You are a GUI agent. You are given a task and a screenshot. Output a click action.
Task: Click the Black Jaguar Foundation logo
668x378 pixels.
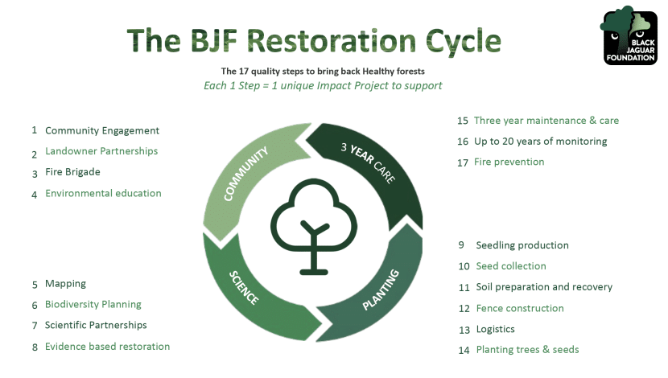tap(629, 35)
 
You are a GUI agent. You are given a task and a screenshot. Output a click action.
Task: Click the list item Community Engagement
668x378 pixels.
tap(102, 130)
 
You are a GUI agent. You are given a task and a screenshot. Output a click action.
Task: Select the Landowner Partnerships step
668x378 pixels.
tap(101, 151)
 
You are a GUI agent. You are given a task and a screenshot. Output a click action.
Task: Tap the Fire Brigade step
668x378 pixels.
tap(72, 172)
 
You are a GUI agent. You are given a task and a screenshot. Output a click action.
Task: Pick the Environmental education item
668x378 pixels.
tap(103, 193)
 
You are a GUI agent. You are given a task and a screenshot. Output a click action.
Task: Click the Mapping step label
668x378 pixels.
tap(65, 284)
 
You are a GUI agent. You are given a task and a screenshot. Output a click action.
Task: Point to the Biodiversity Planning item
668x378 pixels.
tap(93, 305)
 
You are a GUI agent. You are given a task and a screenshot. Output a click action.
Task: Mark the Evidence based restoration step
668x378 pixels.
tap(107, 347)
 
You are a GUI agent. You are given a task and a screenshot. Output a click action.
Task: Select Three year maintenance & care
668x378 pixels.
tap(546, 121)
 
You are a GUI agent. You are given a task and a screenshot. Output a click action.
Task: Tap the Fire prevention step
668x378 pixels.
tap(509, 162)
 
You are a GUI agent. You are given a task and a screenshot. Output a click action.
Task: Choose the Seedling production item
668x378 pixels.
tap(522, 245)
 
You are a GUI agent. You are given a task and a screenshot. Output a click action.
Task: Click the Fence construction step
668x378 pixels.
tap(520, 308)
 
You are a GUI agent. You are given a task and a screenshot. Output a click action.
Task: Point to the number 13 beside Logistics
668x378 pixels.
tap(464, 330)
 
